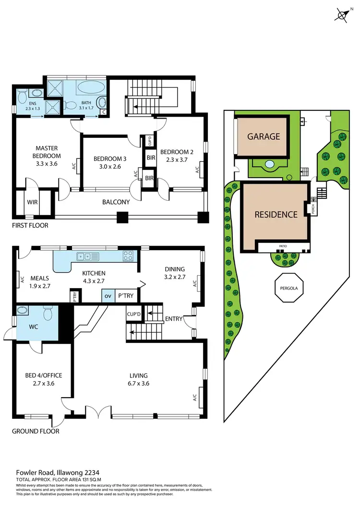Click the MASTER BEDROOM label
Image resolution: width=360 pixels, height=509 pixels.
47,152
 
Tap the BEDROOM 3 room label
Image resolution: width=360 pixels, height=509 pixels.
110,159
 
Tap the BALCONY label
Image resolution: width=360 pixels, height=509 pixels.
116,202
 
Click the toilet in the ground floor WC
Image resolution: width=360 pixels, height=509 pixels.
48,314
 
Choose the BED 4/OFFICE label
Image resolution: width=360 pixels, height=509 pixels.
44,375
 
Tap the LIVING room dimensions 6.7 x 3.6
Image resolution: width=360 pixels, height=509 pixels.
138,384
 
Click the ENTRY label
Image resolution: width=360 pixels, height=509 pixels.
174,319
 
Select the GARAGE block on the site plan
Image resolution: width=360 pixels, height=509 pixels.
263,136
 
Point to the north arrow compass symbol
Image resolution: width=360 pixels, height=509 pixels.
343,15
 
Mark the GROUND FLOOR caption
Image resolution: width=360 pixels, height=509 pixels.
36,431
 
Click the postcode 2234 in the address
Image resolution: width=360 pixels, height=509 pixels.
91,473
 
